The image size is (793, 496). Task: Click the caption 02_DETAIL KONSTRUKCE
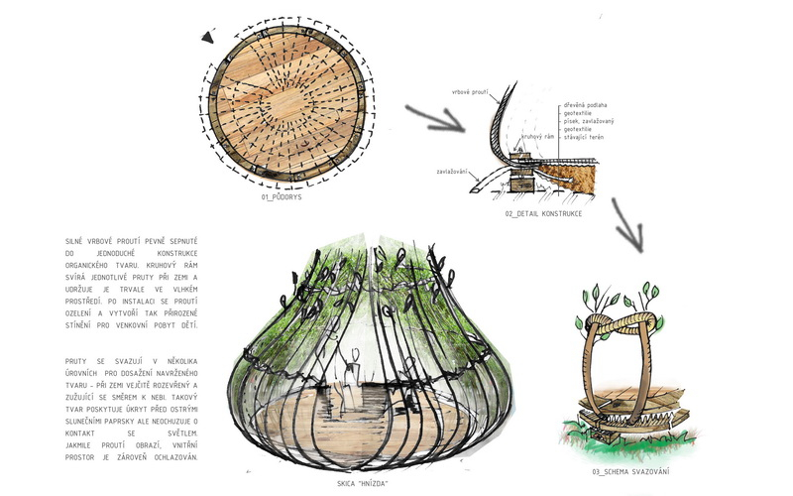click(542, 213)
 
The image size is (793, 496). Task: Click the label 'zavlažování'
click(454, 171)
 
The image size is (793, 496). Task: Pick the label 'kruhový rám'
click(537, 137)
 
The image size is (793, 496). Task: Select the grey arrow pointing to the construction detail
click(436, 118)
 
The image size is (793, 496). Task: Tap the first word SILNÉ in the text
click(73, 241)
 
